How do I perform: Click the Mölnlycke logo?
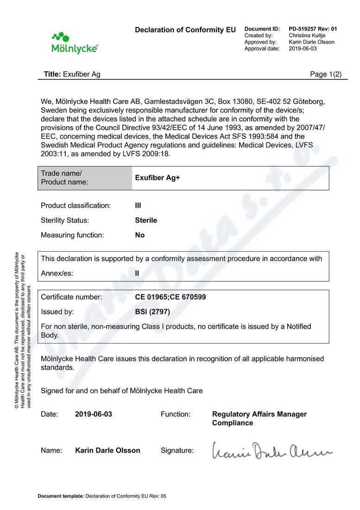[x=75, y=43]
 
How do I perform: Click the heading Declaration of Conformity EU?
[x=185, y=30]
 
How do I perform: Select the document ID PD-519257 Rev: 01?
[x=313, y=29]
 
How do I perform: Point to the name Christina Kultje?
[x=307, y=35]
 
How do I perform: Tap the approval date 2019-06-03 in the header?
[x=303, y=48]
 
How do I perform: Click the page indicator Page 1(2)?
[x=325, y=74]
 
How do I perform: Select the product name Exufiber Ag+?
[x=157, y=178]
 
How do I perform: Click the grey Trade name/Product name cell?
[x=85, y=178]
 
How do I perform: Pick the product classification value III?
[x=138, y=205]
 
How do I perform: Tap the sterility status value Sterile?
[x=146, y=220]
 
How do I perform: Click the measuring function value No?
[x=140, y=235]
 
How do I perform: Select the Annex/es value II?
[x=137, y=274]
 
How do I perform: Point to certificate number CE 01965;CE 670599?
[x=171, y=297]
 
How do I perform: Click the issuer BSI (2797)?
[x=152, y=312]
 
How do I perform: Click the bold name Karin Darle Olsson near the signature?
[x=107, y=450]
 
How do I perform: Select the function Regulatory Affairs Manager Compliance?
[x=259, y=419]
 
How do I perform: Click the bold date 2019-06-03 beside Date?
[x=94, y=414]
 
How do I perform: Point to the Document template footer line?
[x=102, y=496]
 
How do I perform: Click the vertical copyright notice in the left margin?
[x=23, y=330]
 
